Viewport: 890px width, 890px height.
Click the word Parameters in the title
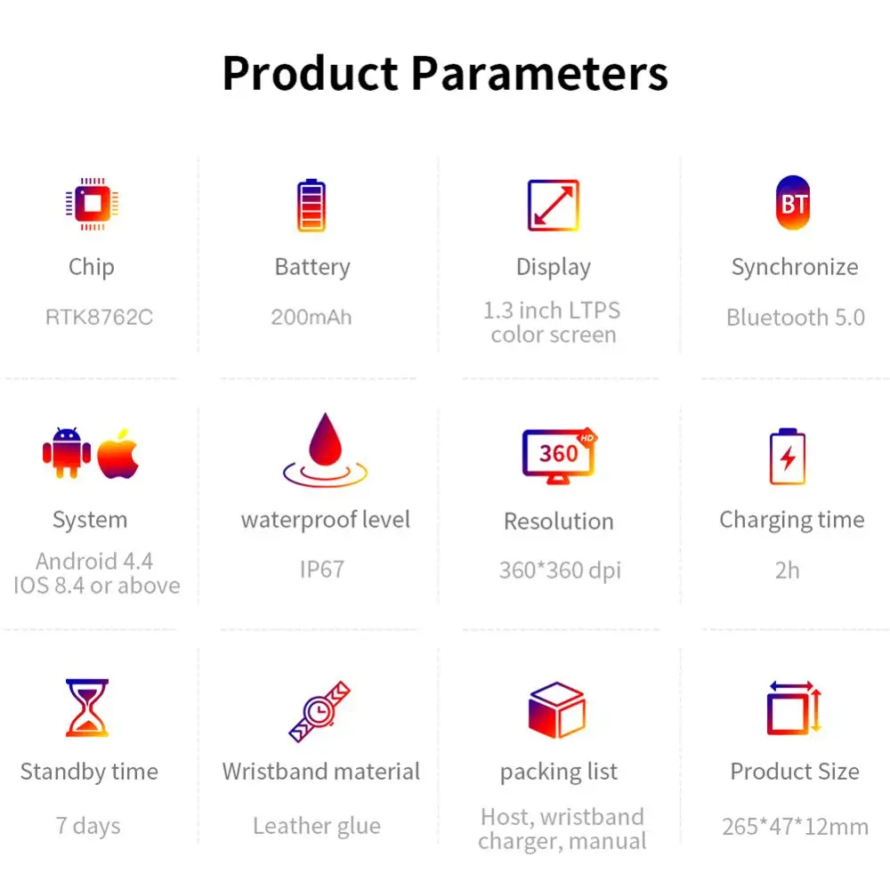[539, 73]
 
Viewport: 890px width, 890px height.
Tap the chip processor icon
[92, 204]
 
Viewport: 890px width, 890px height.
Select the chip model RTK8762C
[100, 318]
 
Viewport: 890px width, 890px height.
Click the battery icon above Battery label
[311, 206]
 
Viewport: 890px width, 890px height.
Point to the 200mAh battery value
[311, 318]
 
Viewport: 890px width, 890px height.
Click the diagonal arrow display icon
[554, 206]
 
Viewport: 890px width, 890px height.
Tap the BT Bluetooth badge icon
[793, 203]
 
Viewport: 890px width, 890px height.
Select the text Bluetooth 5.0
[796, 318]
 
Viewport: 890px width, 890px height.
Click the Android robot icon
[67, 452]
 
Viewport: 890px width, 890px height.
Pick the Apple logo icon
[118, 454]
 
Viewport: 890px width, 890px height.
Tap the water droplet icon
[325, 449]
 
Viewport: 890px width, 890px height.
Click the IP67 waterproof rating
[322, 570]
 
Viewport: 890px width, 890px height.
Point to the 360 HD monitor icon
[559, 455]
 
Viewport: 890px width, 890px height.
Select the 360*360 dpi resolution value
[560, 570]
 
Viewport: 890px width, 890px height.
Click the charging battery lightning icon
[788, 457]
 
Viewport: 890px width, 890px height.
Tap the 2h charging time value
[788, 570]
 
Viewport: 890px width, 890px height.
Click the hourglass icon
[87, 708]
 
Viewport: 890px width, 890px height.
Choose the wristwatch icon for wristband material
[320, 712]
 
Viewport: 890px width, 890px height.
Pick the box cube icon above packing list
[557, 709]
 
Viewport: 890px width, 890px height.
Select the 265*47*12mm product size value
[795, 827]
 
